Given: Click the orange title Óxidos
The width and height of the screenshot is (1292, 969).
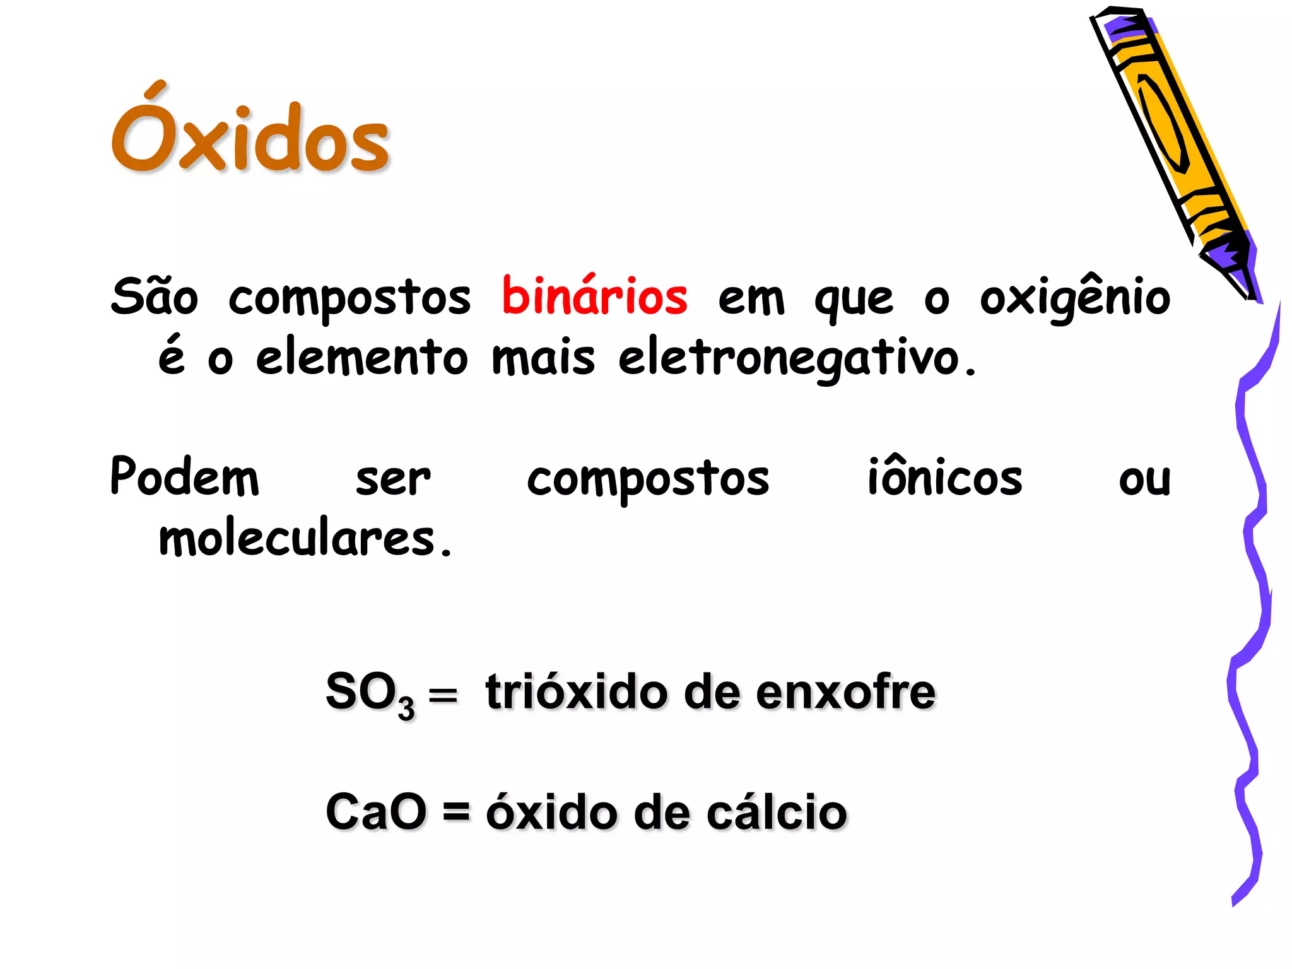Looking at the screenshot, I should (x=250, y=134).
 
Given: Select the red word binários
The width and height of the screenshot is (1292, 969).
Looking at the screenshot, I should (x=594, y=297).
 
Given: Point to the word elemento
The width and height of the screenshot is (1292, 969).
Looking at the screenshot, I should (x=361, y=357).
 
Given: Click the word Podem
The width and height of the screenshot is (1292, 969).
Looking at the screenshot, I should (x=184, y=477).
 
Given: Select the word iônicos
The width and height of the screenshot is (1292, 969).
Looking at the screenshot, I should (x=944, y=477).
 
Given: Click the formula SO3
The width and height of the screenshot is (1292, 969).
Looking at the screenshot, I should (x=370, y=693).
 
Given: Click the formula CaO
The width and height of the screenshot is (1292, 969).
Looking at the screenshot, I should (x=376, y=812).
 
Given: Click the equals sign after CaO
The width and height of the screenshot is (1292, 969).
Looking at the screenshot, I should (x=456, y=812).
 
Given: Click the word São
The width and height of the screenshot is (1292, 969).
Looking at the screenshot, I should (x=155, y=297).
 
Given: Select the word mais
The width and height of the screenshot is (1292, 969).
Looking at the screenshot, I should (x=543, y=357).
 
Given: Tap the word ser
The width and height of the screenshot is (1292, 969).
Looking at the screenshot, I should (x=393, y=478).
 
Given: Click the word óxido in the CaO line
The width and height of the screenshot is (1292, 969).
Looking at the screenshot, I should (x=551, y=812).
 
